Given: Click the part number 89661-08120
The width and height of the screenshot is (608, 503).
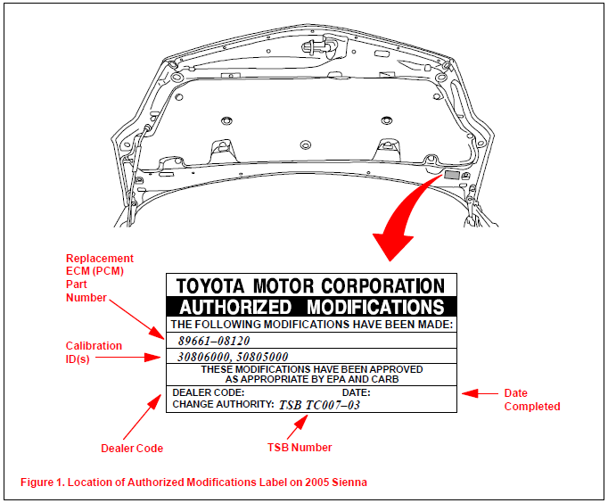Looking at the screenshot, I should click(x=213, y=341).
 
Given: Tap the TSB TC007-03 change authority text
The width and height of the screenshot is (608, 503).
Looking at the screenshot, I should click(x=320, y=404).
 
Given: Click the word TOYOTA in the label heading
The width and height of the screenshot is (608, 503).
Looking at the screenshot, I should click(x=213, y=286).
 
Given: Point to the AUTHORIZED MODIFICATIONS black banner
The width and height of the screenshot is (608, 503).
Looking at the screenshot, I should click(x=312, y=307).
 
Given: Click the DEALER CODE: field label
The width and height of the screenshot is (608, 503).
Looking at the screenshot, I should click(x=208, y=392).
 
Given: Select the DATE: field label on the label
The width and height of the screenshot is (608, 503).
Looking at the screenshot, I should click(x=356, y=392).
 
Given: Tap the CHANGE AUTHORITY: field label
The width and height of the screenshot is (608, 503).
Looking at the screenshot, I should click(x=222, y=404).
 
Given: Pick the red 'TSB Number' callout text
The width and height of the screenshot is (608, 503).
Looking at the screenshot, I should click(x=301, y=448).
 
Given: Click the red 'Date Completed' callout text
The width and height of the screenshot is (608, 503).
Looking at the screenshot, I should click(x=532, y=400).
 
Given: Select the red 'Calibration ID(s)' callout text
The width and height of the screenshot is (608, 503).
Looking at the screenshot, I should click(x=94, y=351).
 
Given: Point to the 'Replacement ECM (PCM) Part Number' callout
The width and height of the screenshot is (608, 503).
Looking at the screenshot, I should click(x=99, y=277).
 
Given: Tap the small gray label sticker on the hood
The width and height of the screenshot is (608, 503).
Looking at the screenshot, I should click(x=452, y=177).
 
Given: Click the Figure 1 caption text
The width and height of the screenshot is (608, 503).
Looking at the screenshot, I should click(x=193, y=482).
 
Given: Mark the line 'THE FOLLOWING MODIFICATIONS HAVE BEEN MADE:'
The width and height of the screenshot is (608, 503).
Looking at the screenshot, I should click(x=312, y=326).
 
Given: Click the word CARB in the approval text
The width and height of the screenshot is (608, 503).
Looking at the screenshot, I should click(x=384, y=379).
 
